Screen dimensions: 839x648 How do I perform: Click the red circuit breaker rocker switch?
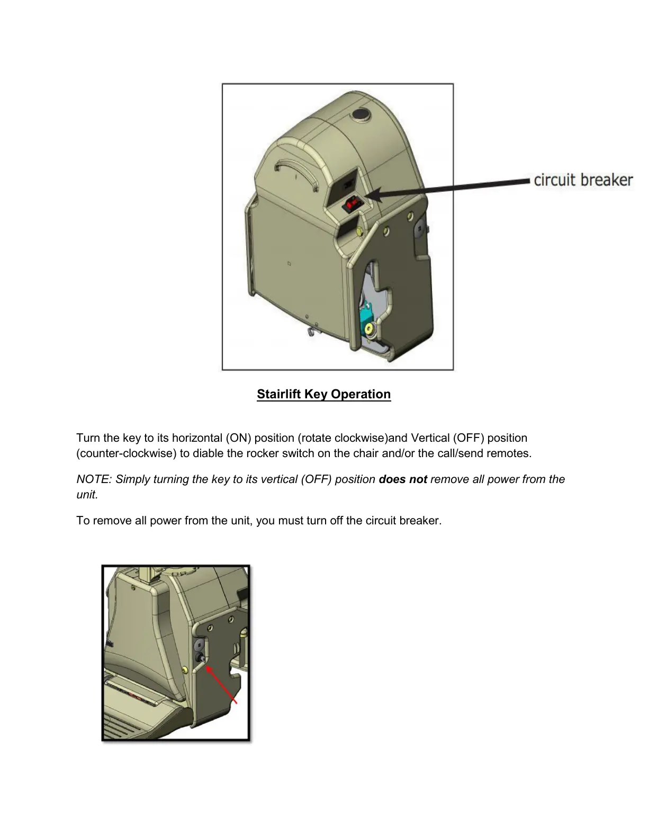(x=351, y=204)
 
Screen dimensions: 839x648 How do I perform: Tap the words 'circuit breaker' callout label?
(x=583, y=180)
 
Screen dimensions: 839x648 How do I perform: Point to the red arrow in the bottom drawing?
(x=221, y=684)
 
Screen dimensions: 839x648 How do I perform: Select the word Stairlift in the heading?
(x=279, y=395)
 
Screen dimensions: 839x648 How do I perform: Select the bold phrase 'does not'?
(x=403, y=479)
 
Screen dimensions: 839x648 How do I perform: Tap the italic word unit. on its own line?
(x=87, y=495)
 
